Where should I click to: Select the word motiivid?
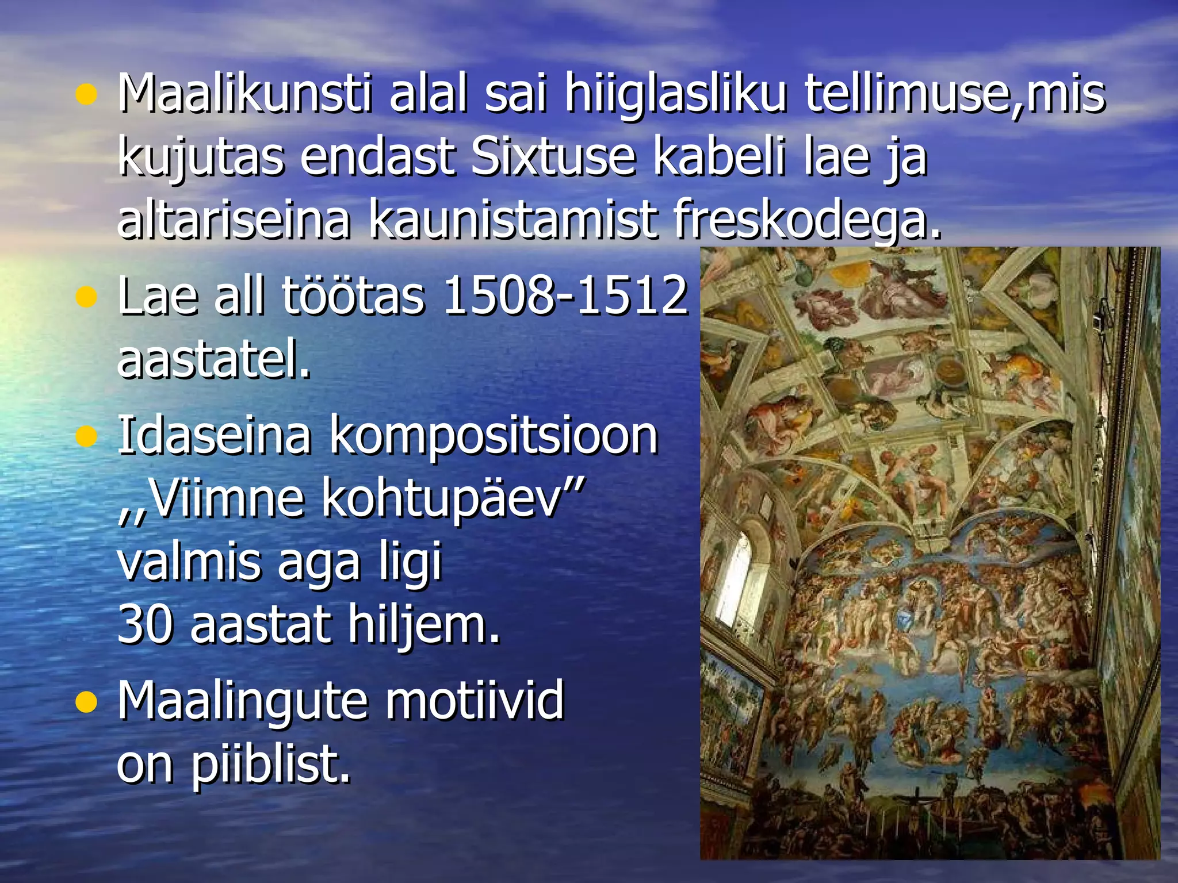pos(475,700)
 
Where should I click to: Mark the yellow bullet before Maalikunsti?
pos(86,95)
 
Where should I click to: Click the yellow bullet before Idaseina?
pos(86,437)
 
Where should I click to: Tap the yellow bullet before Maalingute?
pos(86,702)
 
